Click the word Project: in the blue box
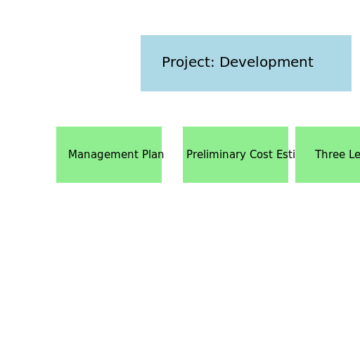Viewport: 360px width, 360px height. tap(188, 63)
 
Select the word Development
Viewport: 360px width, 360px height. tap(266, 63)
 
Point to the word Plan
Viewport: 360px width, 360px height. tap(153, 155)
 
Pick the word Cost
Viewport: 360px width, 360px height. tap(261, 155)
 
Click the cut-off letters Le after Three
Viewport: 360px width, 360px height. tap(354, 155)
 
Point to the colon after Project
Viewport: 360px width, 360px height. tap(213, 63)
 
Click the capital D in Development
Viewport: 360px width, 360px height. tap(224, 63)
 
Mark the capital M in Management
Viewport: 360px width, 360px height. tap(72, 155)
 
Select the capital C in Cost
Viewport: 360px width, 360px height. tap(253, 155)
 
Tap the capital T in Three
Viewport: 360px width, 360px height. tap(319, 155)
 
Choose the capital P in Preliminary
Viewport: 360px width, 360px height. tap(189, 155)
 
